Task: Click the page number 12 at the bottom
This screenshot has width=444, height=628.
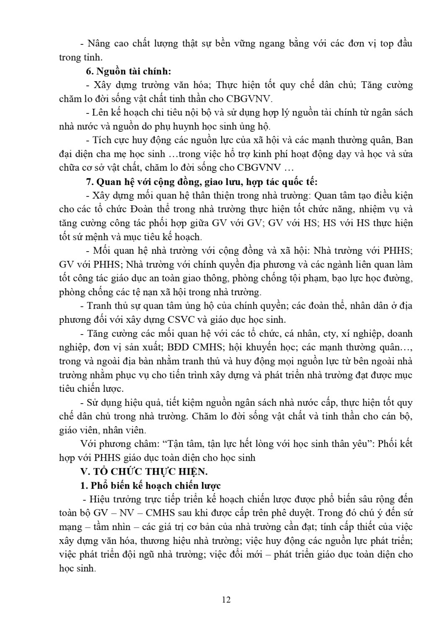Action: click(x=226, y=600)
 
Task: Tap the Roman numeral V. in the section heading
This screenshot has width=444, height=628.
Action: click(x=85, y=471)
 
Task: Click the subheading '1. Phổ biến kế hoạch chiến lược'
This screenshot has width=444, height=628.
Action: click(x=150, y=486)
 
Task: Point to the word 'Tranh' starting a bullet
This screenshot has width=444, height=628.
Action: click(x=99, y=306)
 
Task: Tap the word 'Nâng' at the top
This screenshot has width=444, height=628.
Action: click(x=97, y=44)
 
